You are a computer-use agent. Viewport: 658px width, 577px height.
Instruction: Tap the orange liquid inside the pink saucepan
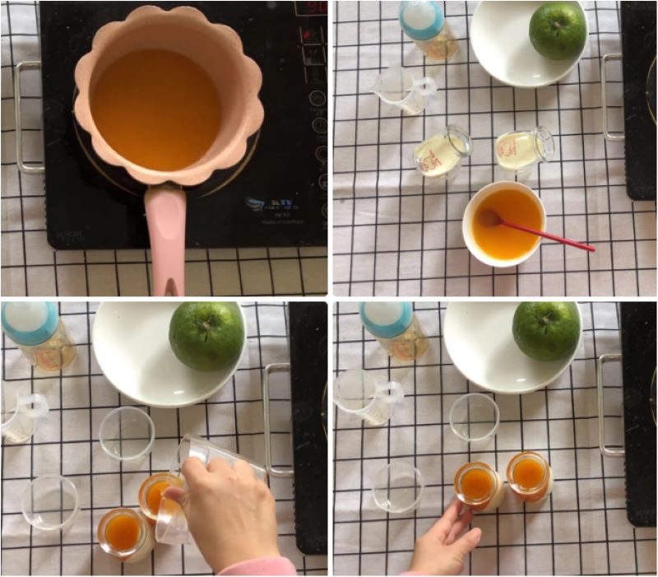point(156,107)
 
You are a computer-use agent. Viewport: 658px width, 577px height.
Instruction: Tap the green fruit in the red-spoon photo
point(558,30)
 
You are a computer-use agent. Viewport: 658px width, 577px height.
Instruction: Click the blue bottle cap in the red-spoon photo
point(421,16)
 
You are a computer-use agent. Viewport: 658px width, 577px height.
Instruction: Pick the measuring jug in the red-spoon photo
point(401,88)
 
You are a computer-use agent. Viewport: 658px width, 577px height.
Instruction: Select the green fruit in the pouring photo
point(206,335)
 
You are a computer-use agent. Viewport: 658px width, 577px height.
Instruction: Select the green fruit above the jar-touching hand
point(546,330)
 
